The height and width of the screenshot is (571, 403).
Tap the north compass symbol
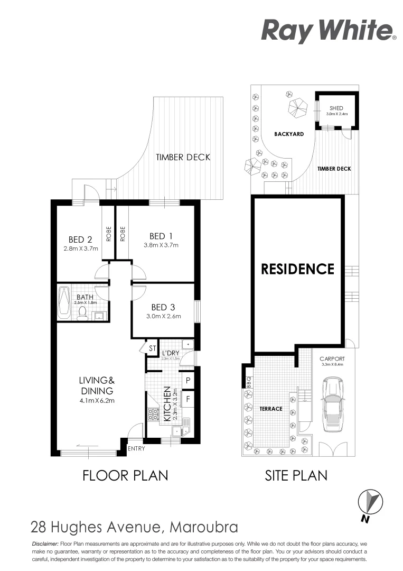[x=370, y=501]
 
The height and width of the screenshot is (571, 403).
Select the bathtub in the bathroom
[x=64, y=303]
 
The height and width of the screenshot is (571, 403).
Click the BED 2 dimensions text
[x=81, y=248]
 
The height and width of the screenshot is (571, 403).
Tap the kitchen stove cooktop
[x=154, y=414]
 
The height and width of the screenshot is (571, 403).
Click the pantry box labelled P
[x=188, y=380]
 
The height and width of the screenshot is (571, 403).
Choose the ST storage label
[x=152, y=348]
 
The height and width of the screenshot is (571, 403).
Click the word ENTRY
[x=136, y=449]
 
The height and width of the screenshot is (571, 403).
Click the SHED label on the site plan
[x=336, y=108]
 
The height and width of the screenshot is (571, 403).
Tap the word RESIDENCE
[x=298, y=269]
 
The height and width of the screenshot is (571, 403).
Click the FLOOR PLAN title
[x=125, y=475]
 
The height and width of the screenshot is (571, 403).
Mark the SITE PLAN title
[x=296, y=475]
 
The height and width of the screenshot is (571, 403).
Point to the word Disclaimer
[x=45, y=544]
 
